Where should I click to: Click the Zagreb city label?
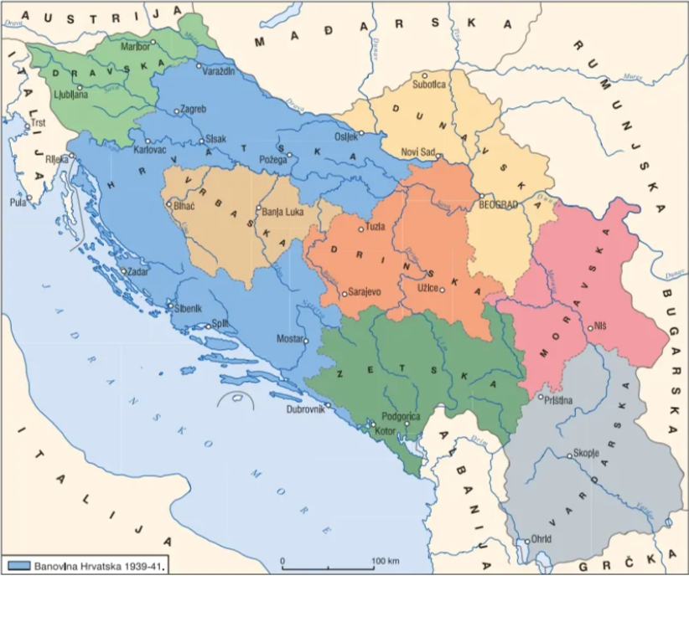pos(194,109)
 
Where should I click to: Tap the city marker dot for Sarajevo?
pos(344,294)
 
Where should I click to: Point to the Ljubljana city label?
pos(69,95)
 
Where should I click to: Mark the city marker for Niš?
pos(591,328)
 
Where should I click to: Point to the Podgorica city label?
pos(400,416)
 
